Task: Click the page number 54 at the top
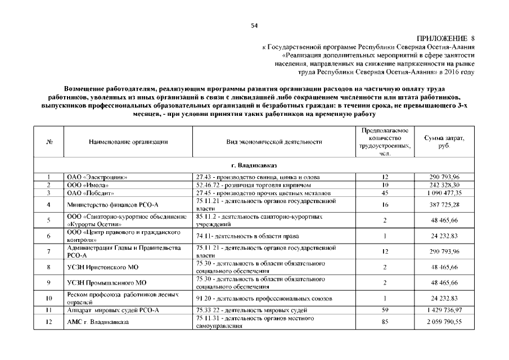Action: (x=254, y=25)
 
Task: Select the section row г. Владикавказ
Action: (x=254, y=166)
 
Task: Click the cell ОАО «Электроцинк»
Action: (x=97, y=177)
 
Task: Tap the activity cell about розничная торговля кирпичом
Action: (x=243, y=184)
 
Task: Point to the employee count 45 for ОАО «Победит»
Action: (x=385, y=192)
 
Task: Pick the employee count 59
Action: (x=385, y=310)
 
